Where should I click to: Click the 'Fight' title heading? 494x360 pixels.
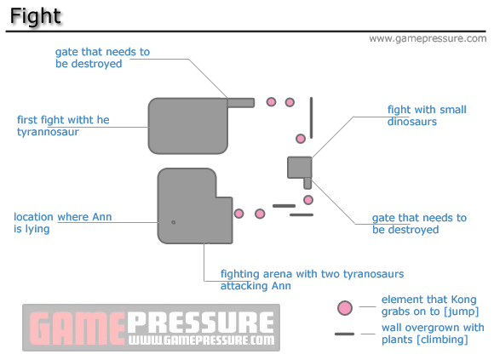point(35,15)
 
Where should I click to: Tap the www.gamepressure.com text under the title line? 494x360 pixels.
point(428,38)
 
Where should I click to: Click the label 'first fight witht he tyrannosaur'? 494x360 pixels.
point(63,126)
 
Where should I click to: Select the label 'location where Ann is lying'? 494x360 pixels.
point(63,222)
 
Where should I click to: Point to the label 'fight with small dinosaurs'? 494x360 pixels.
point(427,116)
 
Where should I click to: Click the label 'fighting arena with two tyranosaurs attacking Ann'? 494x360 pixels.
point(312,280)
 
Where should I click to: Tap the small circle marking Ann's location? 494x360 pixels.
point(173,222)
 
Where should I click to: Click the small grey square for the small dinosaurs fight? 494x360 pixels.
point(299,168)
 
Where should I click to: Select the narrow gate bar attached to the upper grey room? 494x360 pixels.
point(241,103)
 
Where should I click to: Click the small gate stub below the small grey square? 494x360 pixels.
point(307,184)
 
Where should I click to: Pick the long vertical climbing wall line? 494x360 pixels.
point(311,117)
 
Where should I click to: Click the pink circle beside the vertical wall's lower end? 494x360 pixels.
point(301,139)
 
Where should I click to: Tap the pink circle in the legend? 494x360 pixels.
point(345,308)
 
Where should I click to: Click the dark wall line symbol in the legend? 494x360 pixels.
point(344,334)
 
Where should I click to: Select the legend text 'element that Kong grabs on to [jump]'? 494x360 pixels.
point(430,306)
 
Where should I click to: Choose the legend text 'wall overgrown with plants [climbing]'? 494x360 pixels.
point(433,334)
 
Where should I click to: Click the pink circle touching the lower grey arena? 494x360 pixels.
point(238,214)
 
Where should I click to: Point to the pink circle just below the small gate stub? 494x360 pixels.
point(308,200)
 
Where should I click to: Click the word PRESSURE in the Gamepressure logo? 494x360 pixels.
point(201,323)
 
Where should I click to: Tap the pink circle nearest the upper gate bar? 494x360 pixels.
point(271,102)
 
